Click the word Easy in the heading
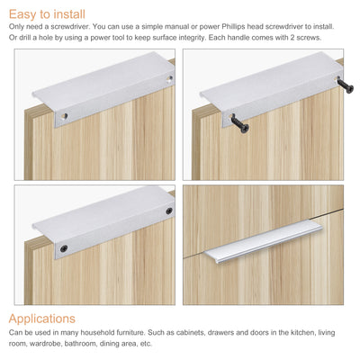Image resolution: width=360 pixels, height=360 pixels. (x=25, y=13)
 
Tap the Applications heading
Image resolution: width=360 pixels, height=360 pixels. (x=43, y=319)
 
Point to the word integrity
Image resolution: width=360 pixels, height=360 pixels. (x=217, y=36)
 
